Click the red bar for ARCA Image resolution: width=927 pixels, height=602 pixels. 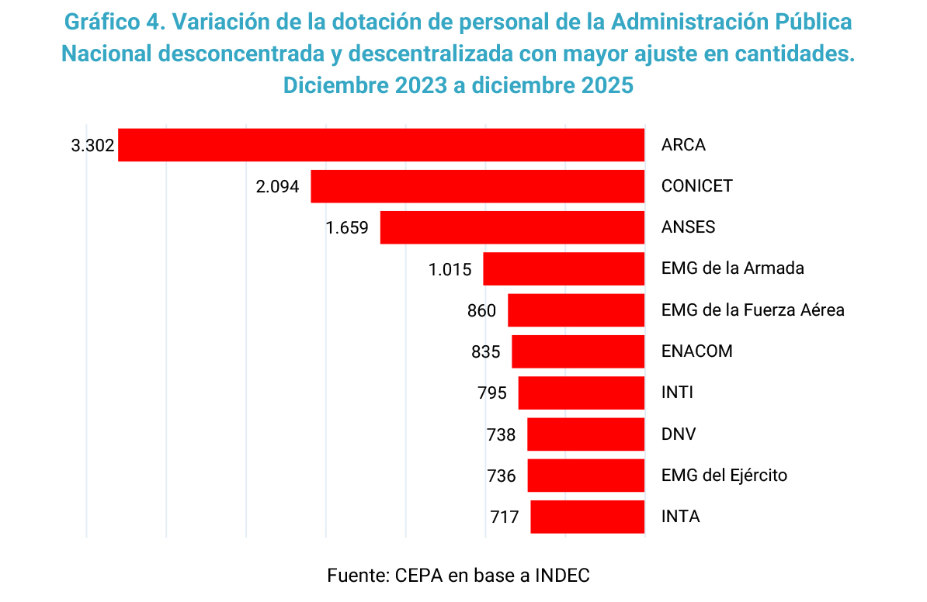(x=380, y=145)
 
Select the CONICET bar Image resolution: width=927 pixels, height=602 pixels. (x=477, y=186)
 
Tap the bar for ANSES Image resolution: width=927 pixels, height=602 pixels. (x=512, y=227)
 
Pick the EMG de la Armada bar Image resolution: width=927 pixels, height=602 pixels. (x=564, y=268)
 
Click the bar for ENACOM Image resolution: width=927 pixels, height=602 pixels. (x=578, y=351)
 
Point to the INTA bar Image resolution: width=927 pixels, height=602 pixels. (x=587, y=517)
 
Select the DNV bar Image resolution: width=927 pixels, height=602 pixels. (x=585, y=434)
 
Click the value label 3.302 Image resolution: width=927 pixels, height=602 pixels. (x=92, y=145)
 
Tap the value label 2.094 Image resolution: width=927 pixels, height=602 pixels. (x=277, y=187)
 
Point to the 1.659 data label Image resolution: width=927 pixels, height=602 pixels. (x=348, y=228)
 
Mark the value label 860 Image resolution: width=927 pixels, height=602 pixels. (x=481, y=311)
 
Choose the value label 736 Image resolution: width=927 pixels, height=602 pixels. (x=502, y=476)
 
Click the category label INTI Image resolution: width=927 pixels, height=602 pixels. (x=677, y=393)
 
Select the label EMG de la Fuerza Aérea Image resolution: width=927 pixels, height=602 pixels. (x=752, y=310)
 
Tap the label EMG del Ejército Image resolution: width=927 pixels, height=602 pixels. (x=724, y=475)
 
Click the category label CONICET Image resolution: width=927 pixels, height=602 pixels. (x=696, y=186)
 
